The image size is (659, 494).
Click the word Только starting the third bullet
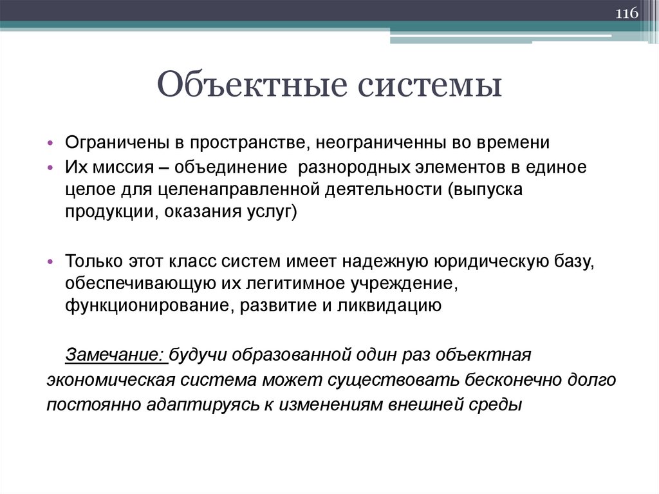coord(89,261)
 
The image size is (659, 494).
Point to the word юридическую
coord(472,261)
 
